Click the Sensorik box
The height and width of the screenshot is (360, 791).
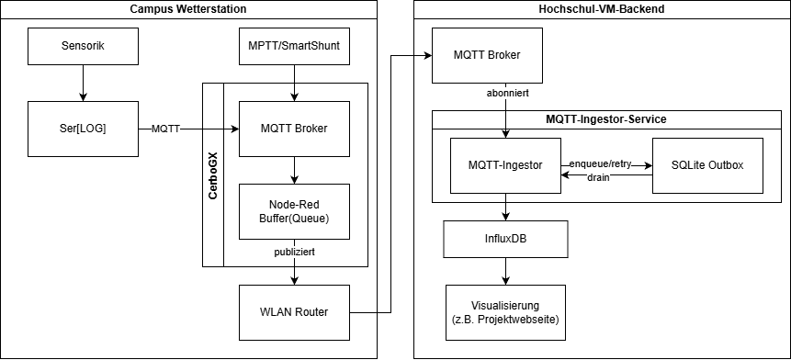tap(83, 46)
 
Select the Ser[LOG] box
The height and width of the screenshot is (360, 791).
tap(83, 129)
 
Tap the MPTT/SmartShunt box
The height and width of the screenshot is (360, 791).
tap(294, 46)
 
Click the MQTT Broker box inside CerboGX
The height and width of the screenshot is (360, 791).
tap(294, 129)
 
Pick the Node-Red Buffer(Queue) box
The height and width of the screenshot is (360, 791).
tap(294, 211)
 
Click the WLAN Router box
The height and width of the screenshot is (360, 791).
tap(294, 312)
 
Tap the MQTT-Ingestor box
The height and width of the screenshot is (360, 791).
tap(505, 165)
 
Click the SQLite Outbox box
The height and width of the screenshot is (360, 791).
tap(707, 165)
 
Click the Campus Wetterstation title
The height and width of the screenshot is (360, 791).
tap(188, 8)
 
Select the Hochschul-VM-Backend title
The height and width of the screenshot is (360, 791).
tap(601, 8)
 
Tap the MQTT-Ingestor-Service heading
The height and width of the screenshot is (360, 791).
tap(606, 119)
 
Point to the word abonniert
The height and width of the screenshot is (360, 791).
tap(506, 93)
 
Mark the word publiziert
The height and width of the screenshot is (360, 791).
tap(295, 250)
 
